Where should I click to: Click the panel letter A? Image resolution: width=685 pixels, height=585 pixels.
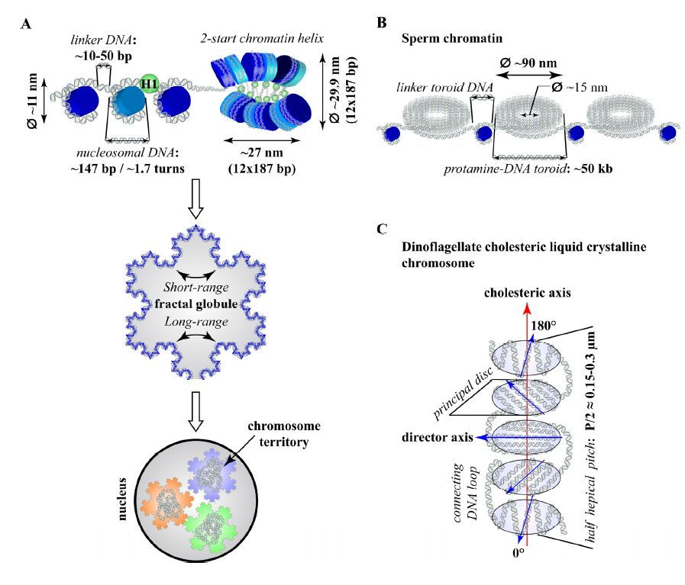(26, 23)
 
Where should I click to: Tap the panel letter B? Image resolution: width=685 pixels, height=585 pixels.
(381, 22)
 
